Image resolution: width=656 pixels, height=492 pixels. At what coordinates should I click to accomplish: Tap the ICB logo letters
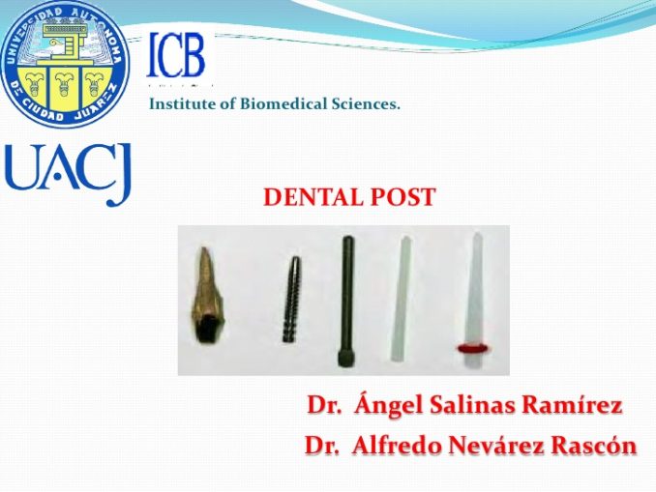click(176, 55)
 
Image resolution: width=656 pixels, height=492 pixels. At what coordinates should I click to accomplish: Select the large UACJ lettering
click(68, 174)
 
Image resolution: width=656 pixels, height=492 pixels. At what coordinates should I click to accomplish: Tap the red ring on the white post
click(471, 345)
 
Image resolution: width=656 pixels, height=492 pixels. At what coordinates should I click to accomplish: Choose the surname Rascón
click(589, 446)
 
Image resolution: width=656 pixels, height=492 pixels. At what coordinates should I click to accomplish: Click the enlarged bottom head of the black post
click(346, 357)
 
